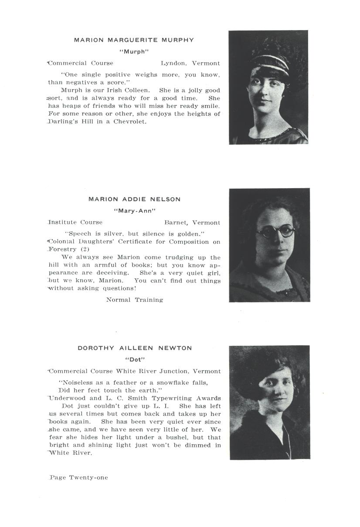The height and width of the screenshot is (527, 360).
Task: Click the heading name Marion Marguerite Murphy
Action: [134, 40]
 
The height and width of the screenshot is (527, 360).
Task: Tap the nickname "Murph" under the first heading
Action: [134, 51]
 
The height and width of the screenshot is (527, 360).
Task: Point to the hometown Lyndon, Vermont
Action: [190, 64]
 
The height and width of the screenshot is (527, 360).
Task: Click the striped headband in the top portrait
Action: [269, 64]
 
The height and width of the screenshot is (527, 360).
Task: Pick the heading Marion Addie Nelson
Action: [134, 199]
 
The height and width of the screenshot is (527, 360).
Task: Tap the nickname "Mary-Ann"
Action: [134, 211]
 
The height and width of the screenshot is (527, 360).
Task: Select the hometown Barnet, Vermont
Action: [192, 223]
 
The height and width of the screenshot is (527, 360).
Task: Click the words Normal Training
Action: [135, 300]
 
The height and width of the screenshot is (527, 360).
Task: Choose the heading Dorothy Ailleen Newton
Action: [135, 348]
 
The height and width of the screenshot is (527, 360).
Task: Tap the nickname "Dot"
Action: [135, 360]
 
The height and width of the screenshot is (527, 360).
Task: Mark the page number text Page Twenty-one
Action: [79, 478]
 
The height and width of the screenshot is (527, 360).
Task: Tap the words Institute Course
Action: [75, 223]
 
